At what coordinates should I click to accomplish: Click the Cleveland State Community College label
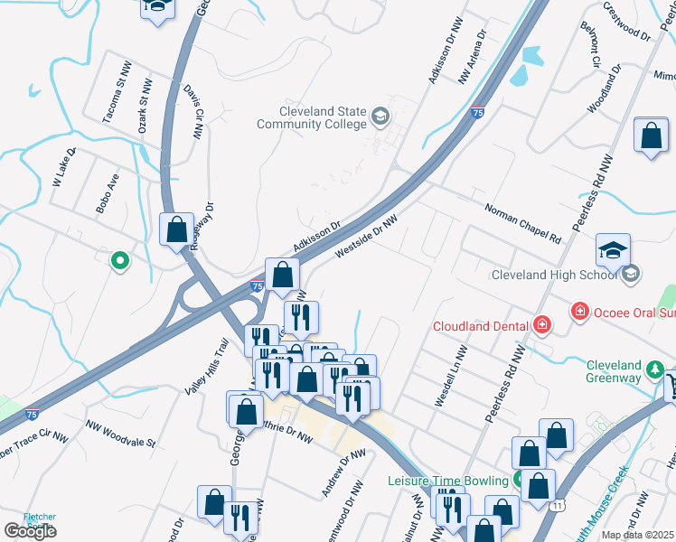pyautogui.click(x=311, y=117)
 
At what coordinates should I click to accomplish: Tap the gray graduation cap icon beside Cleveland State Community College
pyautogui.click(x=380, y=115)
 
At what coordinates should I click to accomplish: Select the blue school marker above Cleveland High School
pyautogui.click(x=613, y=250)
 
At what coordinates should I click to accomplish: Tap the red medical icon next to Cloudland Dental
pyautogui.click(x=541, y=324)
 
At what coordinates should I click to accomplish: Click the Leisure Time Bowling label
pyautogui.click(x=449, y=481)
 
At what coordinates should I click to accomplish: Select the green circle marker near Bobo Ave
pyautogui.click(x=118, y=262)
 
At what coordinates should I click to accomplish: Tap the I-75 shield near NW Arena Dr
pyautogui.click(x=477, y=113)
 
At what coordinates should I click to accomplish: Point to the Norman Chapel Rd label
pyautogui.click(x=522, y=223)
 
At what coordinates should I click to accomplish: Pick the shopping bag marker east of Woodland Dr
pyautogui.click(x=651, y=136)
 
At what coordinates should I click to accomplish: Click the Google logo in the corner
pyautogui.click(x=30, y=531)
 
